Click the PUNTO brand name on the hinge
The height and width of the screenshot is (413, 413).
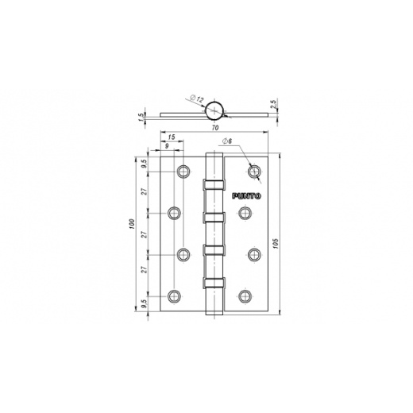pos(246,196)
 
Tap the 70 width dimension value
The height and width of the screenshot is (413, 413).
pos(215,128)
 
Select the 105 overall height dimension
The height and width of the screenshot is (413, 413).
pos(276,243)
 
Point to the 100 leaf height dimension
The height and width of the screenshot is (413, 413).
pos(133,224)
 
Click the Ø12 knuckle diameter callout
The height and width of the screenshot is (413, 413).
pos(197,98)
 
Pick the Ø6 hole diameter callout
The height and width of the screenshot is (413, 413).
pos(227,141)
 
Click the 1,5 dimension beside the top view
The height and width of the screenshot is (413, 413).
pos(141,116)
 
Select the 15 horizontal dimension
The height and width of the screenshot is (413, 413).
pos(172,137)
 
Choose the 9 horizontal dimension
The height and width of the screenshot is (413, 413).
pos(167,146)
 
